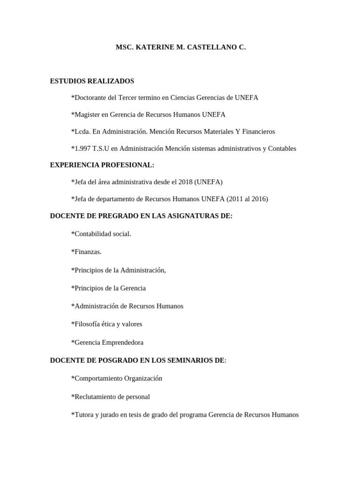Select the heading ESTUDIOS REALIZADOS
click(92, 81)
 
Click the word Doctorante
click(90, 97)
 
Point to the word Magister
click(88, 114)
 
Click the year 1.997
click(82, 148)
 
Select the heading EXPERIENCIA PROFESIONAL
click(102, 165)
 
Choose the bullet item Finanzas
click(87, 252)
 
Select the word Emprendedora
click(122, 342)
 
